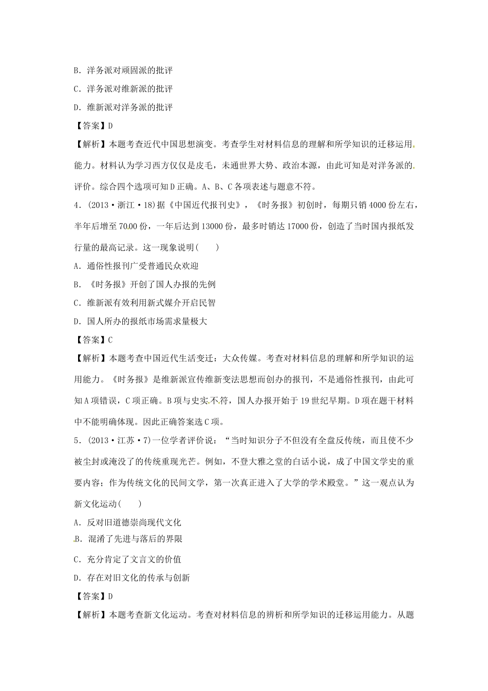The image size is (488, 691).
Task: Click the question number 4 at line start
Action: coord(76,206)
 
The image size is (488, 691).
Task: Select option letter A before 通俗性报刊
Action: coord(77,266)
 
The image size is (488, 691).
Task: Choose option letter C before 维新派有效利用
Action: coord(77,303)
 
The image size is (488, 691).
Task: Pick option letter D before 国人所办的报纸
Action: coord(77,321)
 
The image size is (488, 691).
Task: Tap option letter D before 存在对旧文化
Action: coord(77,578)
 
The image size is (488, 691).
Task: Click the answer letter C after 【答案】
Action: coord(110,340)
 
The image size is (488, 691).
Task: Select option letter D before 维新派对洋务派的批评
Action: coord(77,107)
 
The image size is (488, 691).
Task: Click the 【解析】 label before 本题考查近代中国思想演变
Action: coord(89,144)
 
